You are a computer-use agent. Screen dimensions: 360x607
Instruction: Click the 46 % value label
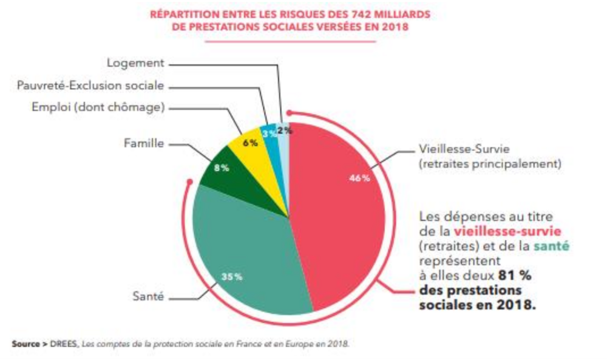(359, 178)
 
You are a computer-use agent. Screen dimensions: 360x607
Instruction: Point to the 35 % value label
(231, 276)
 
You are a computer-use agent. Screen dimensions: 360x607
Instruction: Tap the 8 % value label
(222, 168)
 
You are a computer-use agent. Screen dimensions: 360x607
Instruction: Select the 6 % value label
(250, 143)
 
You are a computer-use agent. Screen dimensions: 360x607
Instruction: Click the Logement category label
(135, 63)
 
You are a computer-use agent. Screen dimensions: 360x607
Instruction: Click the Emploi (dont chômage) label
(99, 107)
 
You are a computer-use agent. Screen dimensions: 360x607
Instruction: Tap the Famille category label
(144, 144)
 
